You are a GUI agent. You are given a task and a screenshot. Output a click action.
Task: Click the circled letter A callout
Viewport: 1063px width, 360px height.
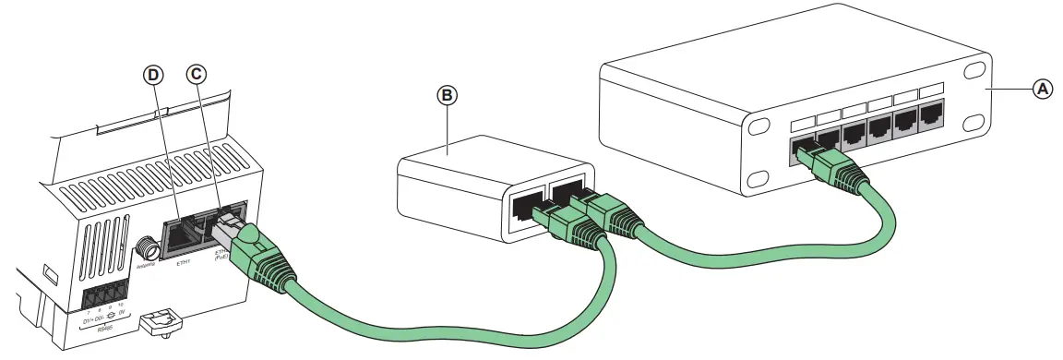(x=1042, y=89)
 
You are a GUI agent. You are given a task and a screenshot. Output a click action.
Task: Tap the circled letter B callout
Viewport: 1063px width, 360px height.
(x=448, y=95)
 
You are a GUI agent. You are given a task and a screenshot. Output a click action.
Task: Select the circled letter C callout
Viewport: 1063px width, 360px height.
(x=196, y=74)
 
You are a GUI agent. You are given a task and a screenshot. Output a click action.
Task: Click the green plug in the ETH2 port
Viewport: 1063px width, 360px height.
(x=243, y=241)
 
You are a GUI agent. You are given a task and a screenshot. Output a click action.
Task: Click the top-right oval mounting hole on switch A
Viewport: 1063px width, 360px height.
(x=974, y=70)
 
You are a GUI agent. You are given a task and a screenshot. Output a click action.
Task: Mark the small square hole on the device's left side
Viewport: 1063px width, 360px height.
(x=50, y=274)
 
